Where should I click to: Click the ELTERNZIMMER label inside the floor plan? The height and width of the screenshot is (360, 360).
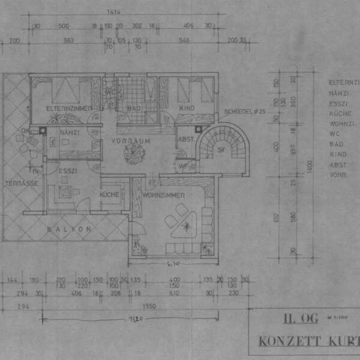(69, 108)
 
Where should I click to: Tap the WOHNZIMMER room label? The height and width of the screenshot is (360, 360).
(163, 196)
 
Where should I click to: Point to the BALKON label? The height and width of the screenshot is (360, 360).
(70, 229)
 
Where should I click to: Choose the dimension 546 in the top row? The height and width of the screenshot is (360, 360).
(184, 41)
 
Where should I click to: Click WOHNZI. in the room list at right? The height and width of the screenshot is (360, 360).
(343, 123)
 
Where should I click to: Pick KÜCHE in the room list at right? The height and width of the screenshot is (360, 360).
(340, 113)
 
